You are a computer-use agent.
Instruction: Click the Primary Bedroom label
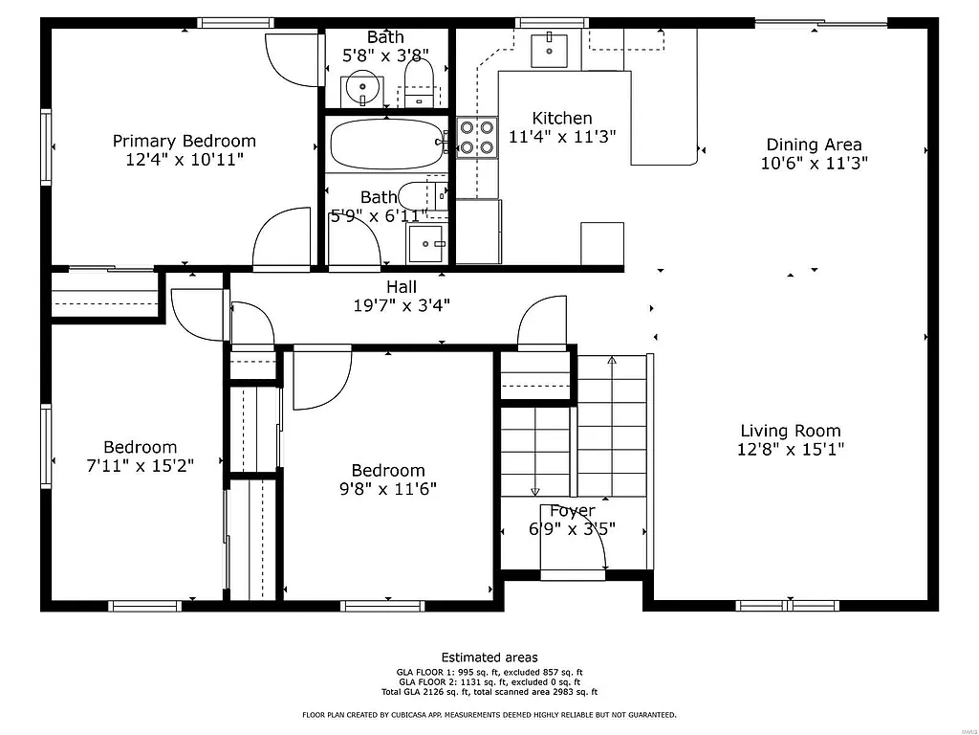click(x=185, y=141)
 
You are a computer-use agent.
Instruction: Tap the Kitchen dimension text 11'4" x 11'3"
click(x=562, y=137)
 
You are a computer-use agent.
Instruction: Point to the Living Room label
click(x=790, y=431)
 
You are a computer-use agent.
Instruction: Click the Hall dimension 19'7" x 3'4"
click(x=402, y=305)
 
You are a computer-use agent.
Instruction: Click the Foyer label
click(x=572, y=511)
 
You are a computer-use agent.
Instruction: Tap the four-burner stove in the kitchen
click(x=477, y=135)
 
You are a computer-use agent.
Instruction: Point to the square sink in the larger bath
click(x=425, y=243)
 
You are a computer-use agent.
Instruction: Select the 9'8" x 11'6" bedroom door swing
click(x=320, y=380)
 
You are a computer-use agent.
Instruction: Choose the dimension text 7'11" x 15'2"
click(x=141, y=466)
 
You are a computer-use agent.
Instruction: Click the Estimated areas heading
click(x=489, y=657)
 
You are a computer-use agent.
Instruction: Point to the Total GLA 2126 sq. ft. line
click(x=489, y=692)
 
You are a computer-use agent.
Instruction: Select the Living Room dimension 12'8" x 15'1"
click(x=790, y=449)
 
